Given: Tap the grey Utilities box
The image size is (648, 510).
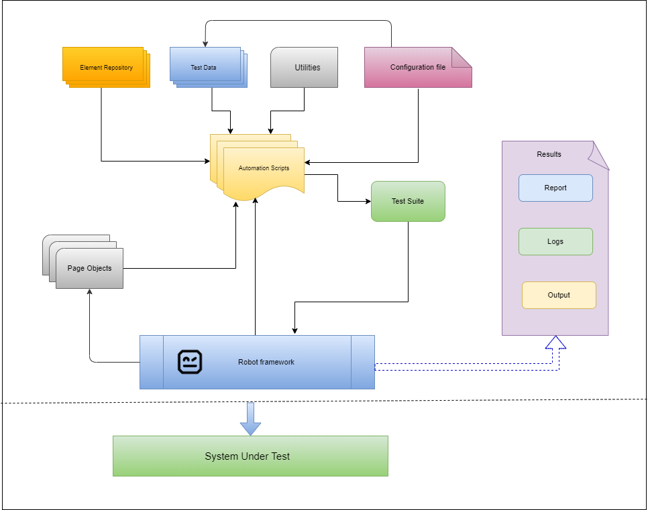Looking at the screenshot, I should (x=304, y=68).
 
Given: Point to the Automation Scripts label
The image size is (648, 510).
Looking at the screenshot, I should (x=264, y=168).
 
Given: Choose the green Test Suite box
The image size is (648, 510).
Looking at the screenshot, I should (x=408, y=201).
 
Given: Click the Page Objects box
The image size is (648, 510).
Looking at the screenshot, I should (x=89, y=268).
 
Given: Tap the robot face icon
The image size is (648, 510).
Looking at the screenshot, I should (x=190, y=362).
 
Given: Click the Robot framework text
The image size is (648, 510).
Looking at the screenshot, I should (x=266, y=362).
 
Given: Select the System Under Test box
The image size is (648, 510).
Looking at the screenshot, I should (x=250, y=456).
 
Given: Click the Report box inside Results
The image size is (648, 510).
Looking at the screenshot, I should (x=555, y=188).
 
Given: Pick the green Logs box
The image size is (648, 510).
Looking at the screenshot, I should (x=555, y=242).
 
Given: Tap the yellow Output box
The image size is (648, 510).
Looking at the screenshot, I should (x=559, y=296).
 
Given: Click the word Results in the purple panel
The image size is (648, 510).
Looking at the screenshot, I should (x=549, y=155).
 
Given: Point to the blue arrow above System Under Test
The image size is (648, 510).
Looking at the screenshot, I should (x=250, y=419).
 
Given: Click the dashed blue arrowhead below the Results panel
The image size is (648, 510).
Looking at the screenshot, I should (x=555, y=342).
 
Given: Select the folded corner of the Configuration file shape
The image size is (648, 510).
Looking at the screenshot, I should (x=462, y=57).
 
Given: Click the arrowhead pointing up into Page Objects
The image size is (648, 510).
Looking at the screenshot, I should (x=89, y=293).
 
